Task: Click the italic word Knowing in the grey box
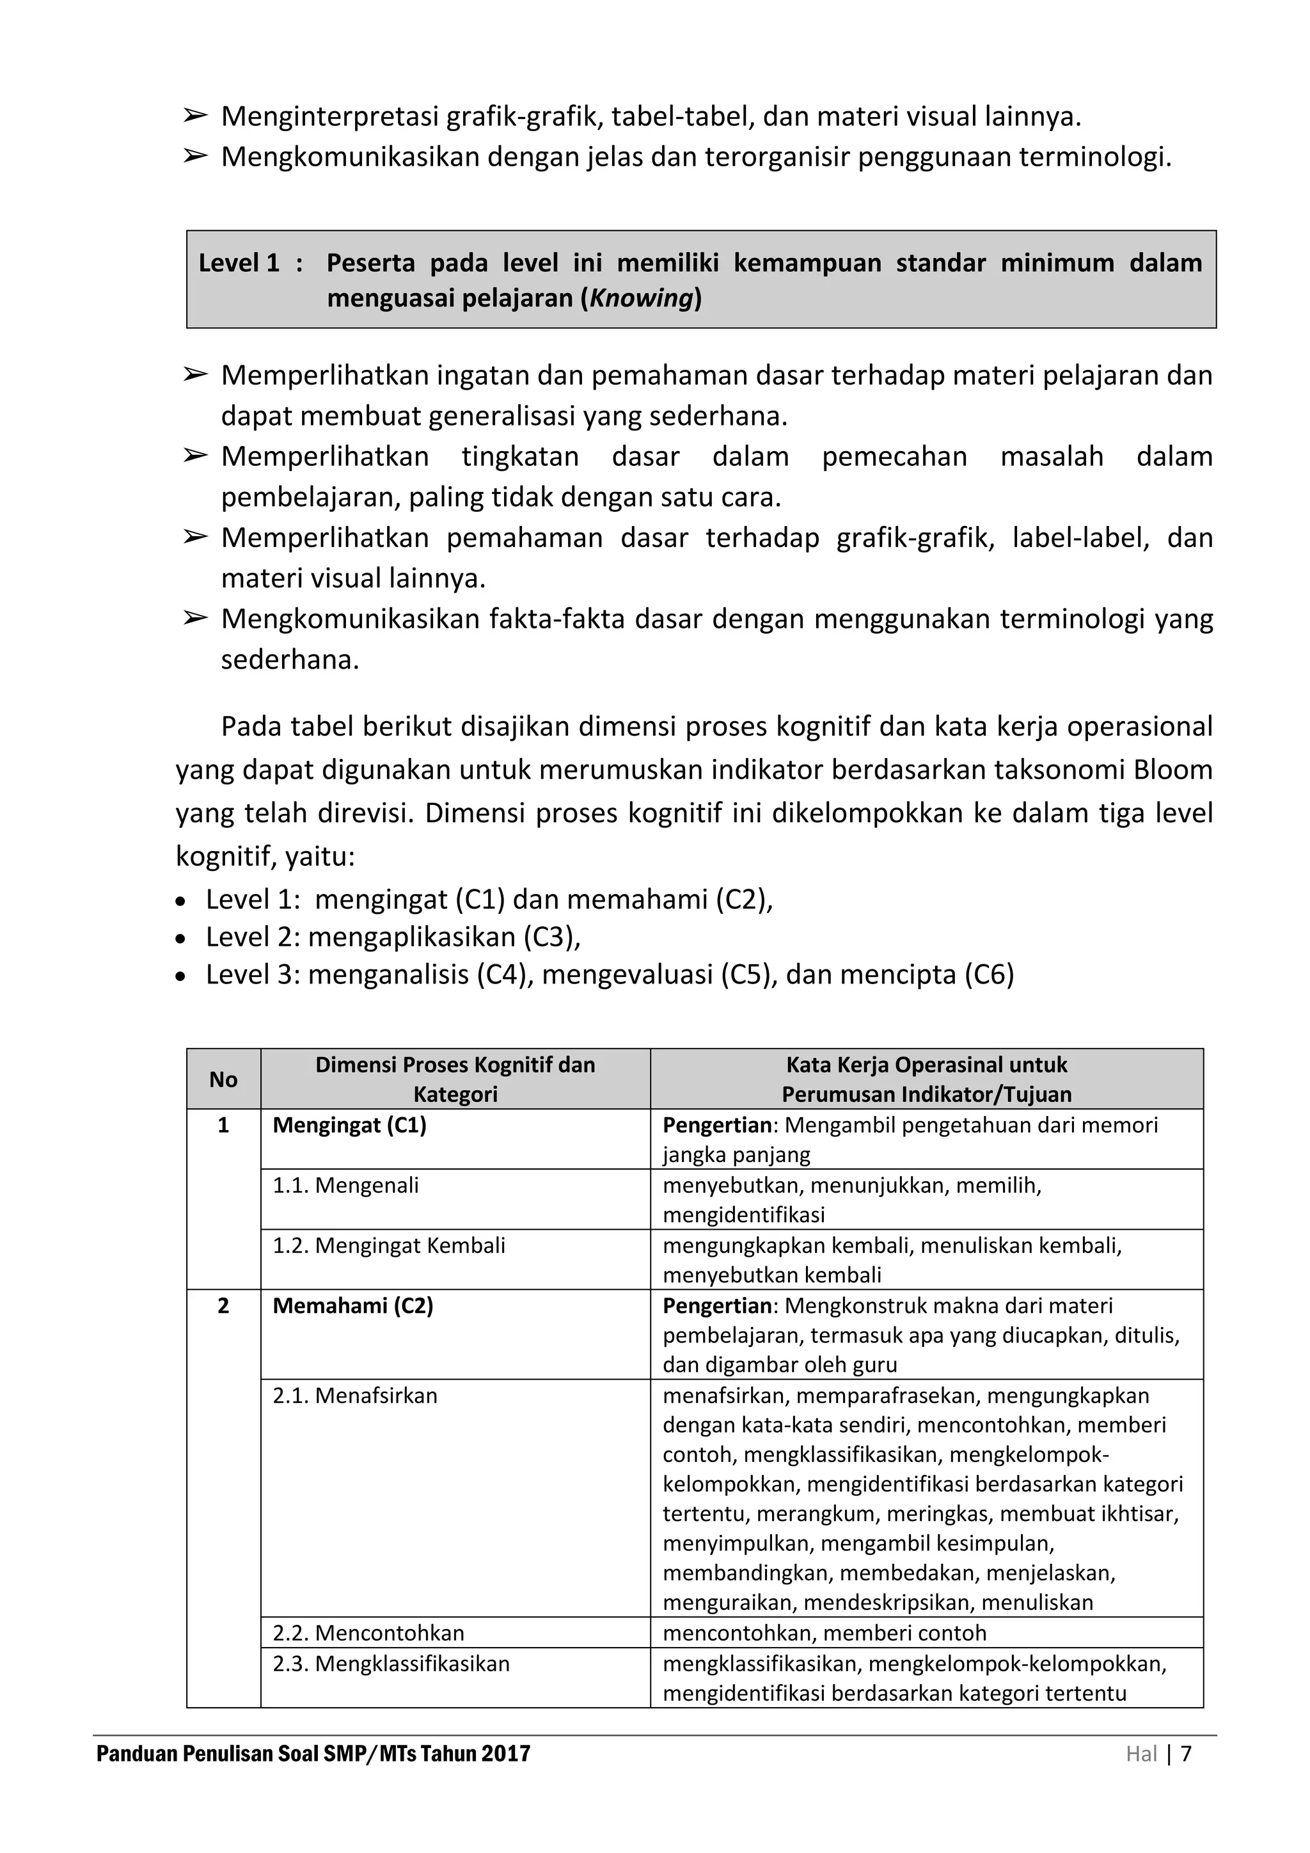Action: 642,299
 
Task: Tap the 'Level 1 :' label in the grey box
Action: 250,263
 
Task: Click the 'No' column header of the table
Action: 223,1080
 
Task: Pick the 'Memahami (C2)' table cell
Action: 352,1306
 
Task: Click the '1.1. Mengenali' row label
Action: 345,1186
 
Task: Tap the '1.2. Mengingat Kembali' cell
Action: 389,1245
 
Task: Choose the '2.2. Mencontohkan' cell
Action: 368,1633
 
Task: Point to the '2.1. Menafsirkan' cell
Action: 355,1396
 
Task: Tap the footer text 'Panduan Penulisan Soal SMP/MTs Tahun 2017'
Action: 313,1754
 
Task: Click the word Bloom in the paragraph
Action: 1173,770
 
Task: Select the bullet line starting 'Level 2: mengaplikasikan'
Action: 393,937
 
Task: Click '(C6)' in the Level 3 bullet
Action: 989,975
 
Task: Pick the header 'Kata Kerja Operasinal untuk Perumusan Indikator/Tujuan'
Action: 926,1080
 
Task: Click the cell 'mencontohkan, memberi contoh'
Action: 825,1633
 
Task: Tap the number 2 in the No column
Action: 223,1306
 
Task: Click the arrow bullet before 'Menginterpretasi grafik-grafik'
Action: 194,116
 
